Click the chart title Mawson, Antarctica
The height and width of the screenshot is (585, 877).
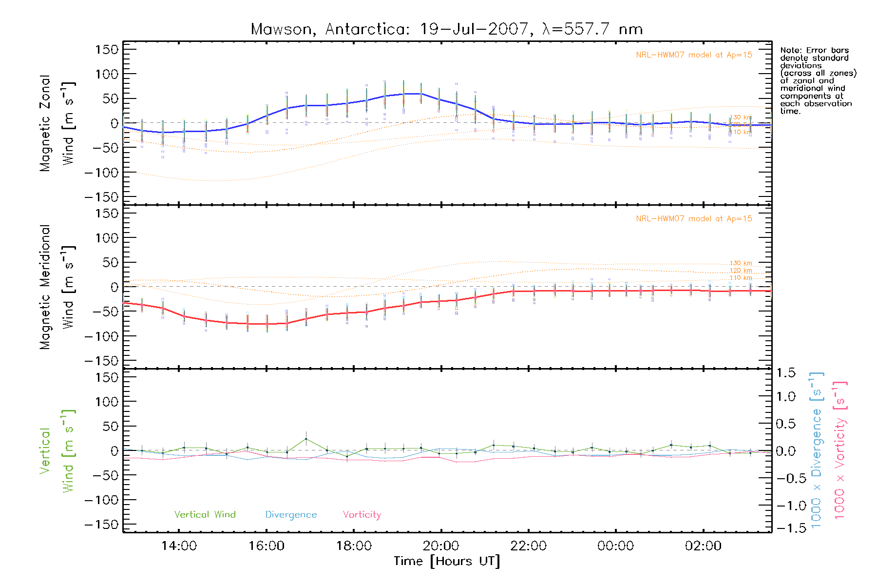(446, 29)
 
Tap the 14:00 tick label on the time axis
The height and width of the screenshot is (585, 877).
(179, 546)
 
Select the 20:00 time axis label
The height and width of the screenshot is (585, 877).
(441, 546)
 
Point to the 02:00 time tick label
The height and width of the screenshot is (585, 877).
(703, 546)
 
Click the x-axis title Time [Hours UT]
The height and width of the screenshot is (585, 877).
(447, 562)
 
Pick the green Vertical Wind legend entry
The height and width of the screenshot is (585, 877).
(205, 515)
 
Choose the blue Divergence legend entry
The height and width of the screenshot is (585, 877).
(291, 515)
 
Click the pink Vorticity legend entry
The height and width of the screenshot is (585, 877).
(362, 515)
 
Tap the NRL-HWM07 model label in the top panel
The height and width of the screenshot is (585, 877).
(694, 55)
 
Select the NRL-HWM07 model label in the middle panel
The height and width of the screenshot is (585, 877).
(694, 219)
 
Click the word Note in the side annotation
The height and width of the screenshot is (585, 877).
(789, 50)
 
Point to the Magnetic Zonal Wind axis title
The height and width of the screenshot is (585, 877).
(57, 123)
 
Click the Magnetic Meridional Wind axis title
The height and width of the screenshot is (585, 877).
(57, 287)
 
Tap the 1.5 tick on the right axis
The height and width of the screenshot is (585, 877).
(785, 373)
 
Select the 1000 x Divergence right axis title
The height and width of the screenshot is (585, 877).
(817, 450)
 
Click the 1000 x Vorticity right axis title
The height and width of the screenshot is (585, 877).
(840, 450)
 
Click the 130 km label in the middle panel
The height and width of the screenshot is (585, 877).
(741, 263)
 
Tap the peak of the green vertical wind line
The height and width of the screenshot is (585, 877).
(306, 439)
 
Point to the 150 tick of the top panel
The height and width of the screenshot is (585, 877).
(107, 50)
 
